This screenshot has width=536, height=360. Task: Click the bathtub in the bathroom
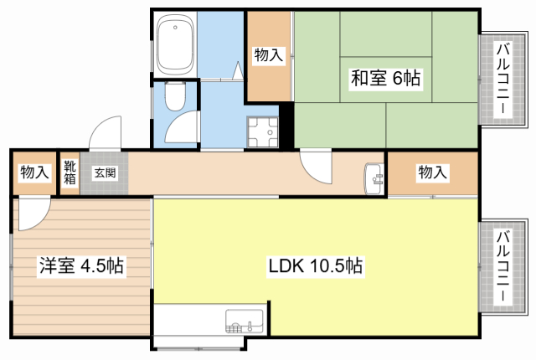click(175, 45)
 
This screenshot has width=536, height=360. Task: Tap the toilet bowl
click(175, 99)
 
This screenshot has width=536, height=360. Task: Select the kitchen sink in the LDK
click(244, 321)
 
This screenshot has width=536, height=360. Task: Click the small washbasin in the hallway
click(374, 177)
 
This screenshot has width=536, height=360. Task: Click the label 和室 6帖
click(384, 79)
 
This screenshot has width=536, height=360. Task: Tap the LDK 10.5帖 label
click(315, 267)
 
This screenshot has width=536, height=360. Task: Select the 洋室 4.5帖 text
click(81, 267)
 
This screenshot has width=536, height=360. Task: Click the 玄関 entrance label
click(105, 173)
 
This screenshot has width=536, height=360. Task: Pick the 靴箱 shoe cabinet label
click(70, 172)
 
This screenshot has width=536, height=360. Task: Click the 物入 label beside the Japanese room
click(269, 56)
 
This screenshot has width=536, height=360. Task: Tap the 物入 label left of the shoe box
click(34, 173)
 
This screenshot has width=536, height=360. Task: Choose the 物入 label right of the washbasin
click(432, 173)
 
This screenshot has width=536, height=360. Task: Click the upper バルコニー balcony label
click(502, 80)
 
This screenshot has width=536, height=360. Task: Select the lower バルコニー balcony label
click(502, 267)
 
